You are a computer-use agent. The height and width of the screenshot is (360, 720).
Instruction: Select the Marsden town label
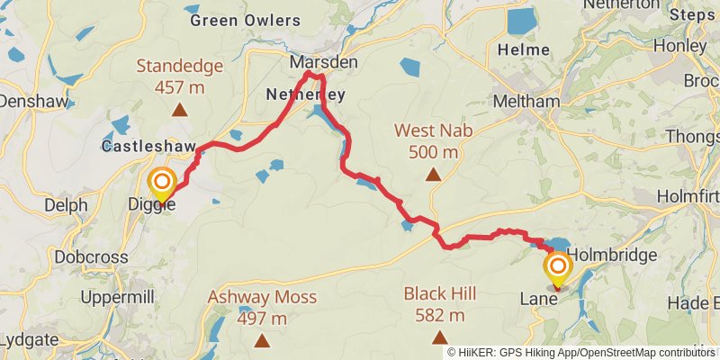tap(323, 63)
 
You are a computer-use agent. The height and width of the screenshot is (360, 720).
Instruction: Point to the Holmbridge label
tap(612, 256)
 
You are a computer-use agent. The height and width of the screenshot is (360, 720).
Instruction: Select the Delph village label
tap(67, 205)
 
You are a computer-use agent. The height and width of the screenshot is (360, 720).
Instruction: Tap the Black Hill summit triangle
tap(439, 337)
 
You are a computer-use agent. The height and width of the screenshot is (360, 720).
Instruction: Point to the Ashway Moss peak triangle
tap(261, 340)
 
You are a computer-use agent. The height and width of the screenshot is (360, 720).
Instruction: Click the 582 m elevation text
tap(439, 315)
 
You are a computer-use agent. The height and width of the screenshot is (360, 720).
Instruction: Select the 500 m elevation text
tap(434, 151)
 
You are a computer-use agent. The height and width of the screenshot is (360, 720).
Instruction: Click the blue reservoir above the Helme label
tap(521, 21)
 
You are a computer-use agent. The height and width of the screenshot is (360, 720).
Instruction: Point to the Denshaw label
tap(34, 102)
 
